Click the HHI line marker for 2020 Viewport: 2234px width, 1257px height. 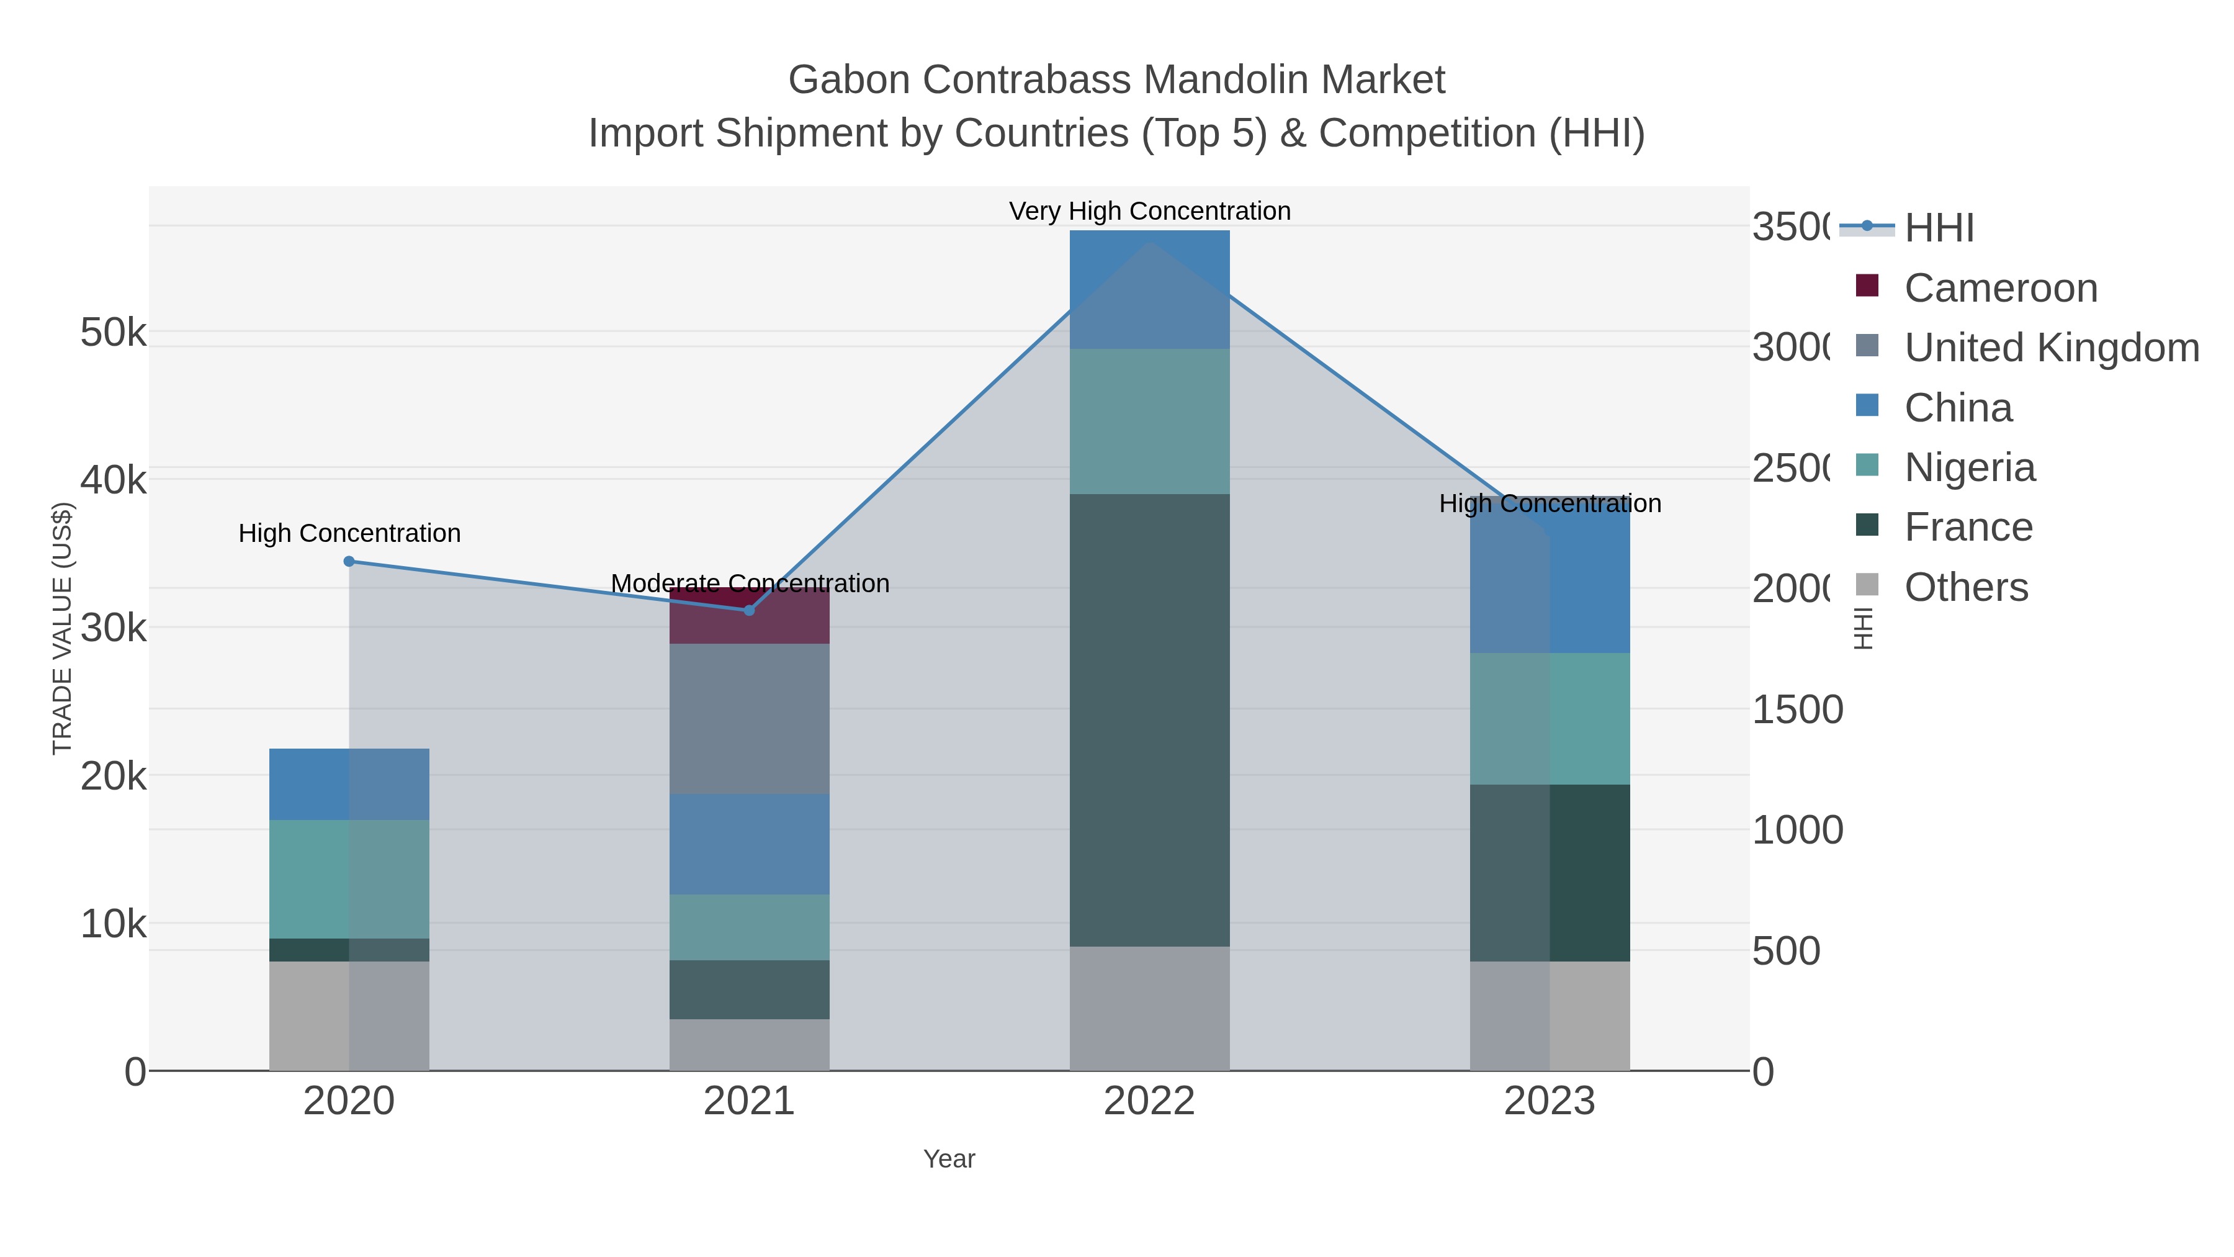(x=349, y=561)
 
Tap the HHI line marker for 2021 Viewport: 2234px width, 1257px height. (x=749, y=610)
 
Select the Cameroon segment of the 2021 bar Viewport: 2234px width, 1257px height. (x=749, y=616)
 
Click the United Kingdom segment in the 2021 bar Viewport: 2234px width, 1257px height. (x=749, y=718)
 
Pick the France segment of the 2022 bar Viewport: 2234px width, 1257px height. (x=1149, y=720)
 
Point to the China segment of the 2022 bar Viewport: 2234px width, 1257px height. (x=1149, y=290)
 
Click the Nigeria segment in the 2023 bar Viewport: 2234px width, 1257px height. (x=1550, y=718)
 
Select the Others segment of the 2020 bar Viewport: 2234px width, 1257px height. (x=349, y=1015)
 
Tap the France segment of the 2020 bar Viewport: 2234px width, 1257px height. (x=349, y=949)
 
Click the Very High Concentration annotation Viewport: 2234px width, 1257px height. (x=1149, y=211)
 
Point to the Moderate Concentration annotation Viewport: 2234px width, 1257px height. (x=749, y=583)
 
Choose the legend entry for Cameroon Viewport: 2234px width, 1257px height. (x=2000, y=288)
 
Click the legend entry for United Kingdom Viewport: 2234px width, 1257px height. (x=2051, y=348)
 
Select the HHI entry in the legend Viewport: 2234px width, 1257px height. (x=1939, y=228)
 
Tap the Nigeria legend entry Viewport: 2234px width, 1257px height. (x=1968, y=467)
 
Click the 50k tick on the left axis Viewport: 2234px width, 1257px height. (x=113, y=332)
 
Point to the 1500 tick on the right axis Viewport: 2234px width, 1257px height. (x=1797, y=710)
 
